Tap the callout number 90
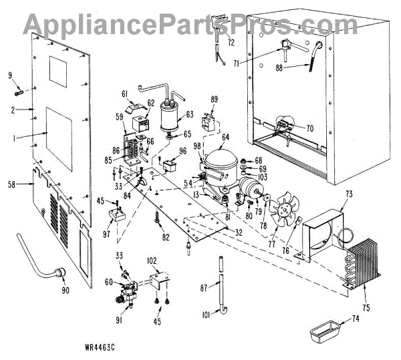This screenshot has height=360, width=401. pos(65,291)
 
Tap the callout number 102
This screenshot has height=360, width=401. pos(151,260)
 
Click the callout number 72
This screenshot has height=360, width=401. pos(231,43)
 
